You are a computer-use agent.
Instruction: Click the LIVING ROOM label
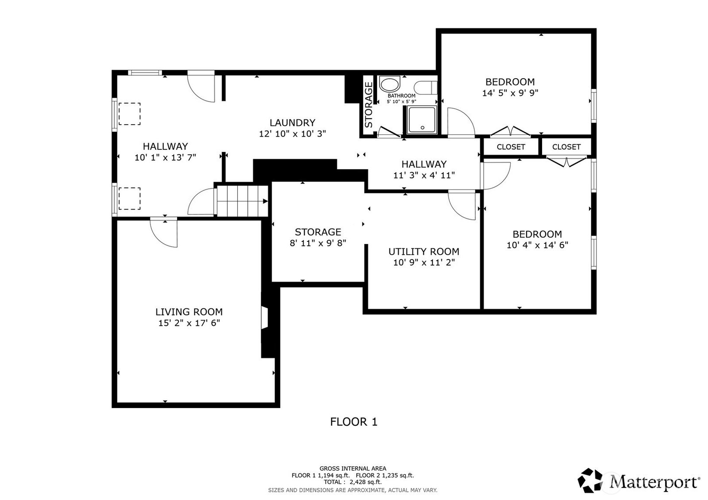189,312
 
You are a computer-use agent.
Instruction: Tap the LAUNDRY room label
292,122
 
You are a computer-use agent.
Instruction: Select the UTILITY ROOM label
423,252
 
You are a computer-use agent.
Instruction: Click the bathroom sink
389,84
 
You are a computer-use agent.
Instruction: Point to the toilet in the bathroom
426,88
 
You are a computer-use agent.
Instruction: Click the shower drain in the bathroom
423,128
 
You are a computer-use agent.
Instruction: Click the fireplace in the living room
265,318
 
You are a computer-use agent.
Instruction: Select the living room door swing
163,233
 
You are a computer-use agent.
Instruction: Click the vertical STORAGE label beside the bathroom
369,104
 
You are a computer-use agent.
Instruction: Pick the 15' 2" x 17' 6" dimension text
189,323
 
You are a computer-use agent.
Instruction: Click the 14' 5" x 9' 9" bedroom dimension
510,93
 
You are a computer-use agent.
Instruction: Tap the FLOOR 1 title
354,422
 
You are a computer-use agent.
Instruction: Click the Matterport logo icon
590,481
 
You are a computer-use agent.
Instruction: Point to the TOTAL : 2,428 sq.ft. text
352,482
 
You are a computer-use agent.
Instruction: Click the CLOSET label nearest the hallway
511,147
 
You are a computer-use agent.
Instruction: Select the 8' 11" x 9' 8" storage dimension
318,243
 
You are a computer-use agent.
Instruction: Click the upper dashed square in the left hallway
130,114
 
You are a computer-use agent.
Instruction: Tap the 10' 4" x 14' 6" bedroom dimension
537,245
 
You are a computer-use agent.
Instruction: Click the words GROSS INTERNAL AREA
353,469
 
